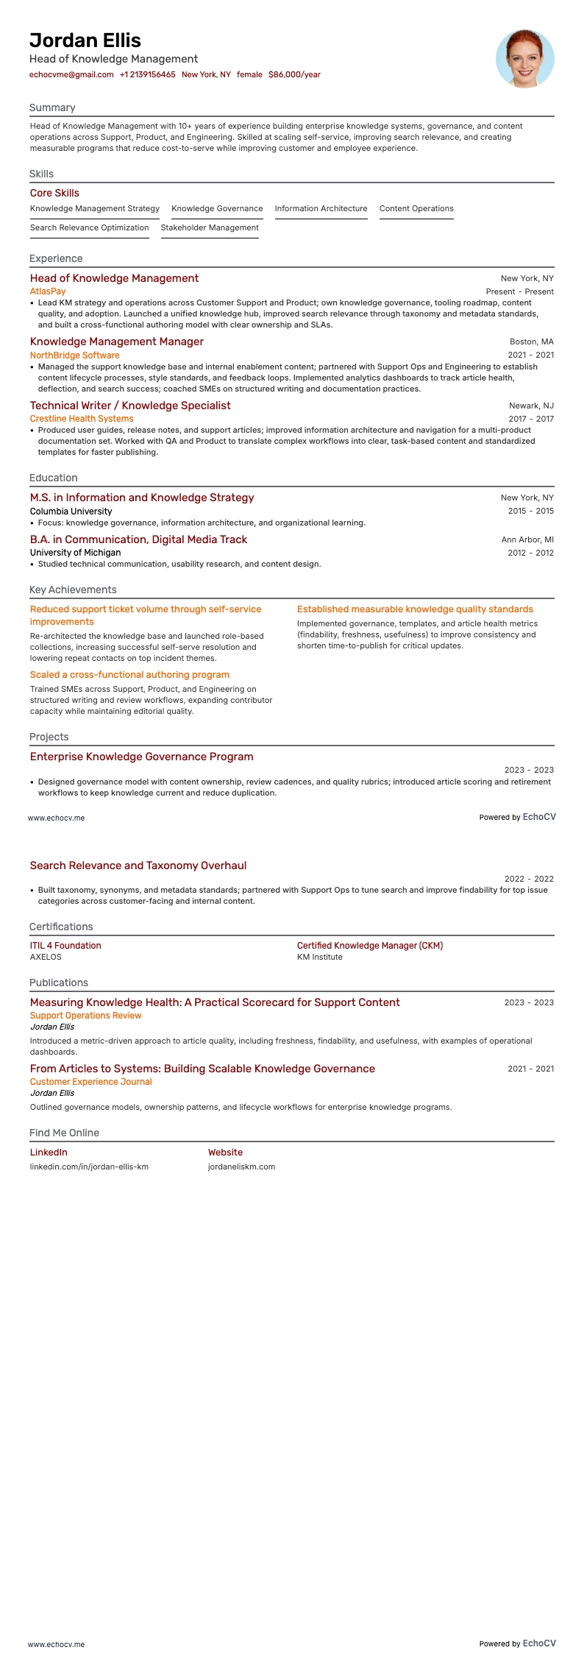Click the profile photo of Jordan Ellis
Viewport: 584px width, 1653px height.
point(524,59)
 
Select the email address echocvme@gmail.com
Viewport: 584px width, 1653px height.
point(71,74)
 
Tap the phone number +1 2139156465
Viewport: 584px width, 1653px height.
point(147,74)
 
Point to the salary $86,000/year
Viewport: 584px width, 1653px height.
point(294,74)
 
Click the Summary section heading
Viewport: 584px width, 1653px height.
point(52,107)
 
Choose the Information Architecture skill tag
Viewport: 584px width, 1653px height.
point(321,208)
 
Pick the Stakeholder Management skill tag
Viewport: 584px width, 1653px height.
point(210,227)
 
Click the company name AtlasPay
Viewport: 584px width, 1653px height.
point(48,291)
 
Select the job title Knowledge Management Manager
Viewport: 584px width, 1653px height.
point(117,341)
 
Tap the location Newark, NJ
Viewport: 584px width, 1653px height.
point(531,406)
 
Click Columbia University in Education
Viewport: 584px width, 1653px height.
point(71,511)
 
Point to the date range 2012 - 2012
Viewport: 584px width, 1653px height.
point(530,553)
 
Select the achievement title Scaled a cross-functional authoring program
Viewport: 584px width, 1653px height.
point(129,675)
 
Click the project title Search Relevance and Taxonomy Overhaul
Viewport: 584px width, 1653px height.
point(138,866)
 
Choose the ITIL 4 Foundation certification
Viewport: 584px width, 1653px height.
point(65,946)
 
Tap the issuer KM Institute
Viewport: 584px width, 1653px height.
point(320,957)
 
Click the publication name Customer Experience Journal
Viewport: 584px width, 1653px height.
point(91,1082)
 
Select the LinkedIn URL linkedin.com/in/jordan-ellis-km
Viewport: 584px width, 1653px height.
point(89,1167)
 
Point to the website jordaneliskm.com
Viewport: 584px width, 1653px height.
point(241,1167)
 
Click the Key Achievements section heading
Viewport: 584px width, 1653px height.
point(73,590)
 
